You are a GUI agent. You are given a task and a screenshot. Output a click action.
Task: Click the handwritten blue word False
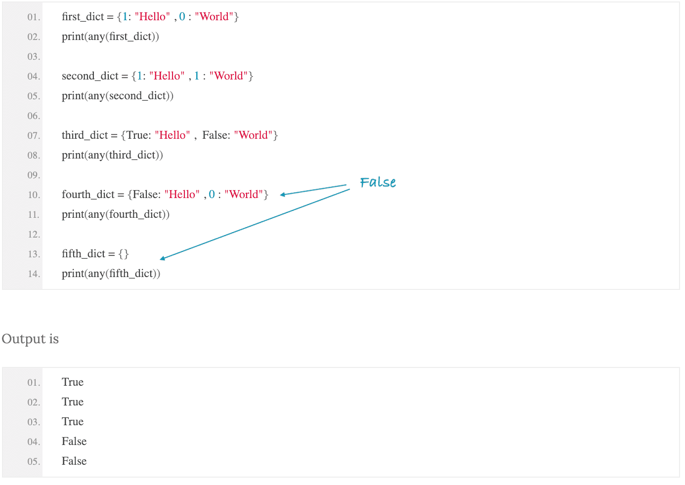378,182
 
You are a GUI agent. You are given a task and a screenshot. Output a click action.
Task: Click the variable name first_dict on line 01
83,17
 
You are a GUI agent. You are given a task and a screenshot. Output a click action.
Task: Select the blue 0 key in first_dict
182,16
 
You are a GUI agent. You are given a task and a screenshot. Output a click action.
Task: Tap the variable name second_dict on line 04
90,76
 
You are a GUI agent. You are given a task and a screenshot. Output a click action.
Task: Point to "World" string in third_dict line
253,135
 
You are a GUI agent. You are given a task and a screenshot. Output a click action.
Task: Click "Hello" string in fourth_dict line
182,195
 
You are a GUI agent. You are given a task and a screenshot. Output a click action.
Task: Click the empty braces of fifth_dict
124,254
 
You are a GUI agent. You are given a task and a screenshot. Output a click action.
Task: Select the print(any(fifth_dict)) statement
111,274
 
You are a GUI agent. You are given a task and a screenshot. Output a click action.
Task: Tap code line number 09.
34,175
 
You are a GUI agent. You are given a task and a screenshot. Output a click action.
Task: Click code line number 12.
34,235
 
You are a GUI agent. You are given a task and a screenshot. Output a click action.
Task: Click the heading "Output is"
30,339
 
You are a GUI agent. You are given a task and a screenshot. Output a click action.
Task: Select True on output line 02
73,402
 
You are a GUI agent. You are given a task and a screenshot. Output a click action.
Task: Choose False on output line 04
74,442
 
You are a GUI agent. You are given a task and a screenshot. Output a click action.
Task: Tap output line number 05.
34,461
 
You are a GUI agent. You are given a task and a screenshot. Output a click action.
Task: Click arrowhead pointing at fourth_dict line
283,195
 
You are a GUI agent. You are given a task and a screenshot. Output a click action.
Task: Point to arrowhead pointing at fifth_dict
163,258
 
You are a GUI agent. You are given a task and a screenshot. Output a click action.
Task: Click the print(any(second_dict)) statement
118,96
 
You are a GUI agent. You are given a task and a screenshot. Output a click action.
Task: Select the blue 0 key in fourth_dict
212,195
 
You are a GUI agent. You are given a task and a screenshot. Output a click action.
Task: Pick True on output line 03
73,422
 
